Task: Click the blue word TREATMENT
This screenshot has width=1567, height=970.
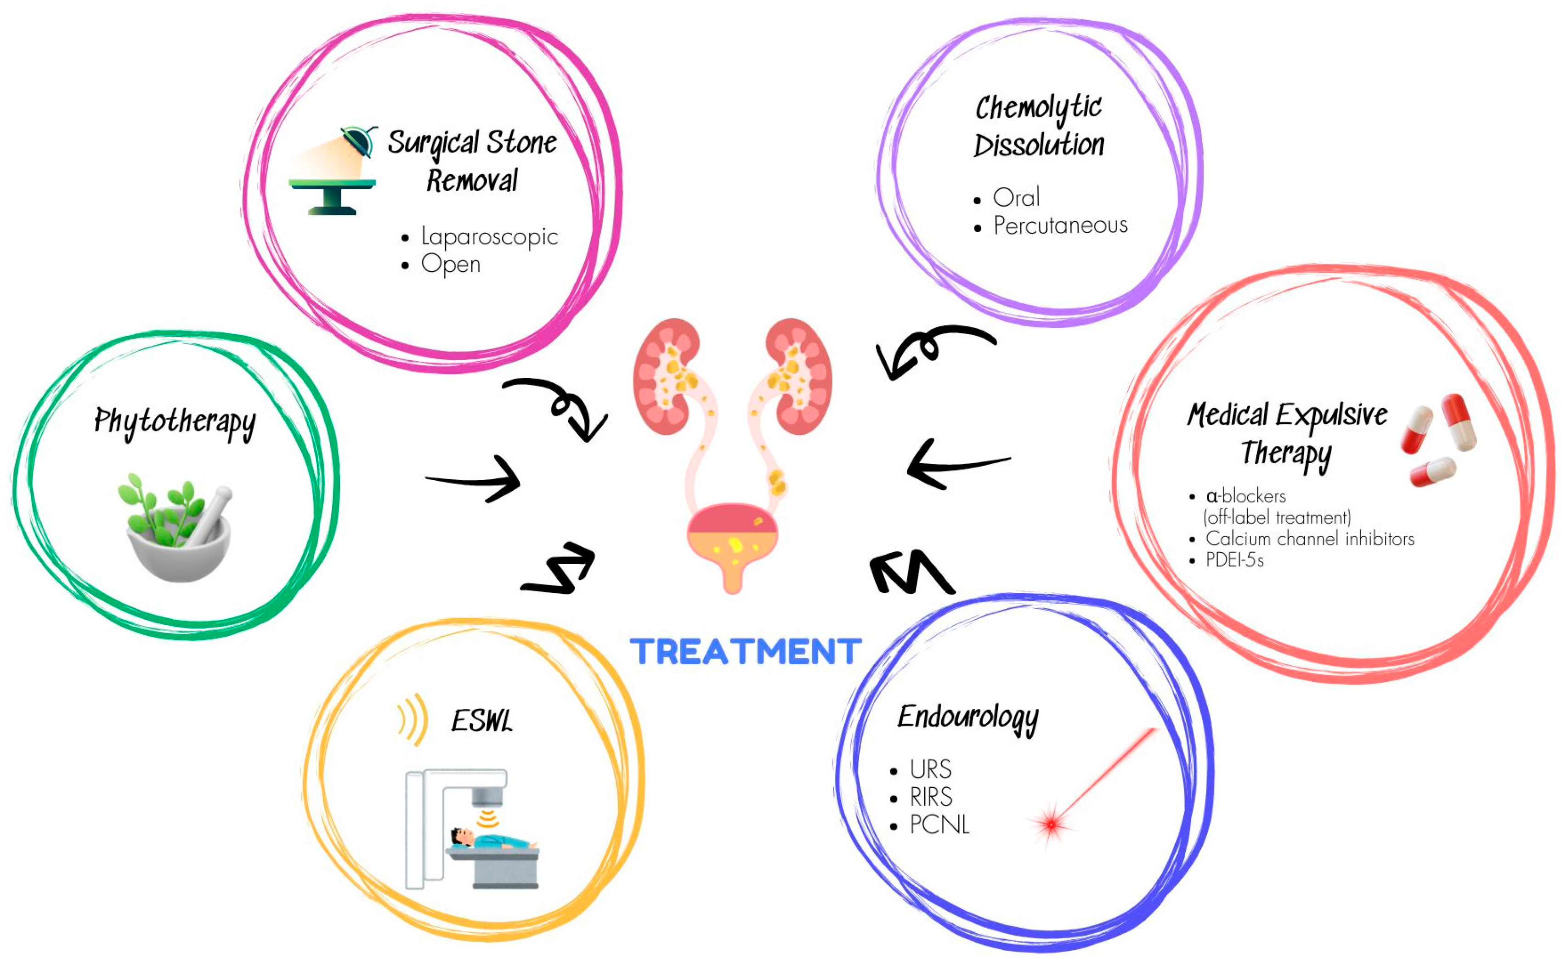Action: [x=745, y=652]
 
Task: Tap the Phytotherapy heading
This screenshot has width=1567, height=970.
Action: [x=175, y=421]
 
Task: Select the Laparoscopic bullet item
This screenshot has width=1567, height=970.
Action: [x=489, y=237]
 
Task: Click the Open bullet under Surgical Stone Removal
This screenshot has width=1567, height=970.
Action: [x=451, y=264]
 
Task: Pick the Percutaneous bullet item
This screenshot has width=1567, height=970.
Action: [x=1060, y=225]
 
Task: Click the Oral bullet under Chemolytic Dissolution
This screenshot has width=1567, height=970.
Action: [x=1016, y=197]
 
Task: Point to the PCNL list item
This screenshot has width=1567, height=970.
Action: [x=939, y=824]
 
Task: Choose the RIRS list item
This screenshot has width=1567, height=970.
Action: [x=931, y=797]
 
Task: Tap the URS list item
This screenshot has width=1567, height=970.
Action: [x=930, y=769]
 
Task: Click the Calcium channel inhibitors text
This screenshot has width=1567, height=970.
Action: [x=1310, y=539]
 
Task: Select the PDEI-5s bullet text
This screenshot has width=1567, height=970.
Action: [x=1234, y=560]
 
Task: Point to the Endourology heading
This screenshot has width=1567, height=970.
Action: [x=967, y=717]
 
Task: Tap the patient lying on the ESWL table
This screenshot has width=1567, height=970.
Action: [x=491, y=839]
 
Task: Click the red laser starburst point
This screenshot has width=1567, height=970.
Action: [x=1051, y=824]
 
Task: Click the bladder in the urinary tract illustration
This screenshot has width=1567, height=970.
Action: [x=732, y=539]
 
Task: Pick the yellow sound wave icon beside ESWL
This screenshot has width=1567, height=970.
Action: [x=413, y=719]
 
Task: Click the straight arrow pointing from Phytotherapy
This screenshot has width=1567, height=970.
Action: [x=474, y=479]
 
